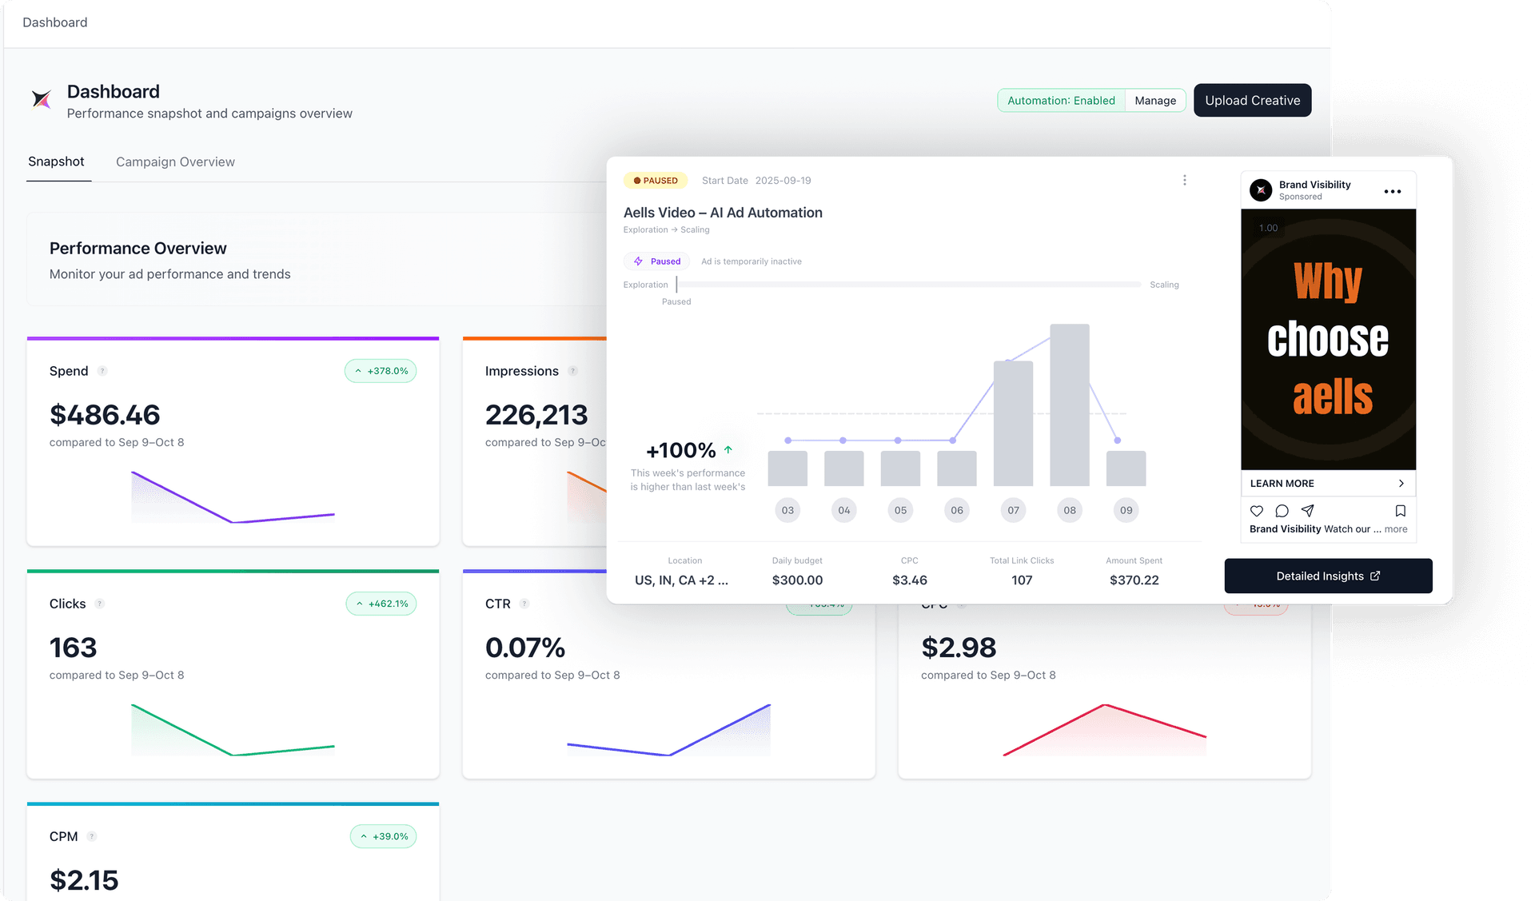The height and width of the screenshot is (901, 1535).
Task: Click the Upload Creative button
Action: coord(1252,101)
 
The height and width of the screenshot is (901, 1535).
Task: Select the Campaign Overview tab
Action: coord(175,162)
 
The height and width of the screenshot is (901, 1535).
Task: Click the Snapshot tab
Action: coord(56,161)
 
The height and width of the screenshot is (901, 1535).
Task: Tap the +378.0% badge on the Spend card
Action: coord(381,371)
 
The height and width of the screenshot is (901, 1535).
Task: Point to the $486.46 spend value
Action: coord(105,415)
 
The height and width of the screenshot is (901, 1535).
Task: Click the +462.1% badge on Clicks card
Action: coord(381,604)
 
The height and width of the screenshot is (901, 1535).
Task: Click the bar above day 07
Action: coord(1013,424)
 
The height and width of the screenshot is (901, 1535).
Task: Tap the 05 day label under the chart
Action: coord(900,510)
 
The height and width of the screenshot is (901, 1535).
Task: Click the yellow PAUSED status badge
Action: coord(656,181)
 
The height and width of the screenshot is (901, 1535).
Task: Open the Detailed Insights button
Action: coord(1328,576)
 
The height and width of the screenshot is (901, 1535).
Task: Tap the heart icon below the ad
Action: coord(1257,511)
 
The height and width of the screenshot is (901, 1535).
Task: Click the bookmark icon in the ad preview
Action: coord(1400,511)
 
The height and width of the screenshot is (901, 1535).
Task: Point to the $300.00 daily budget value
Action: coord(797,580)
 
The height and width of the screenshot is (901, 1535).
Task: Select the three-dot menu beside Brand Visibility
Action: coord(1392,191)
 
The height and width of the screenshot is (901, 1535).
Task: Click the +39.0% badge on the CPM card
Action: coord(383,836)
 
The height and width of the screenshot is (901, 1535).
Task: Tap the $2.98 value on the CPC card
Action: coord(959,648)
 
